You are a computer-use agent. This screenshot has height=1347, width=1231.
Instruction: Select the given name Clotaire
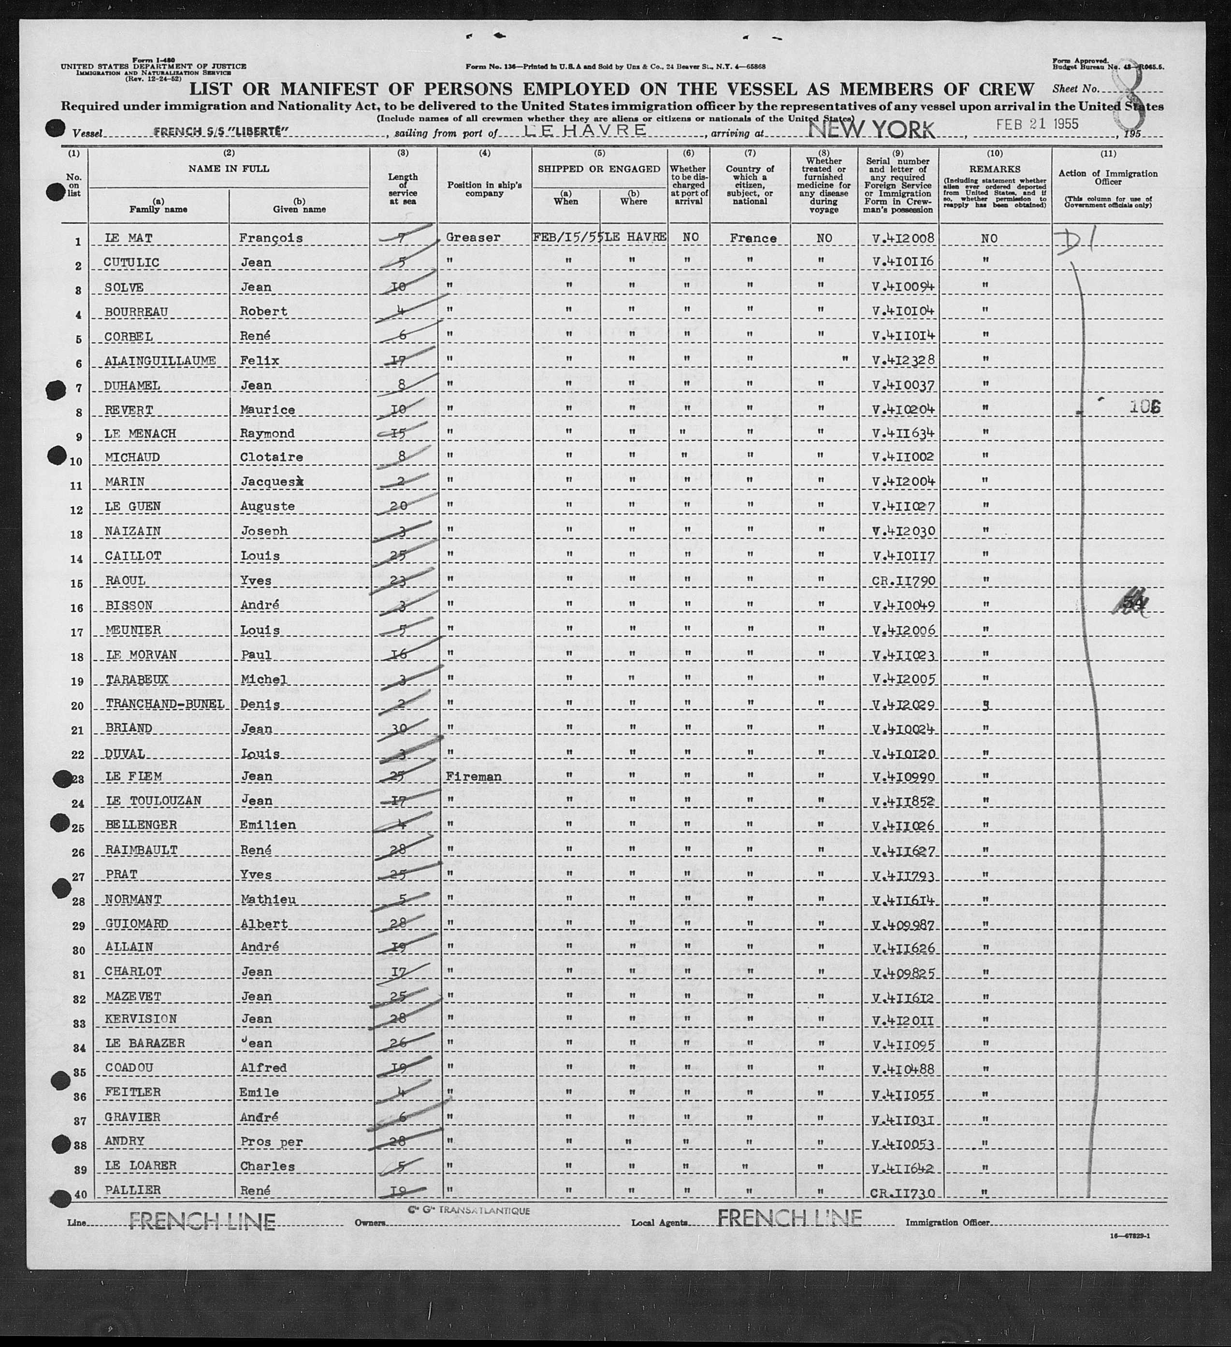pos(271,457)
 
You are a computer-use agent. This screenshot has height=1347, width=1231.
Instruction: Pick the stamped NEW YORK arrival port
pos(871,129)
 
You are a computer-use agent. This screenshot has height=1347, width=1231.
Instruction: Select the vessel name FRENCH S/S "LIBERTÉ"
pos(220,132)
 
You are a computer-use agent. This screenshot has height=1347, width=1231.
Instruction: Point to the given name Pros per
pos(271,1141)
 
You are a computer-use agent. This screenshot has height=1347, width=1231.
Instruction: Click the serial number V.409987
pos(902,924)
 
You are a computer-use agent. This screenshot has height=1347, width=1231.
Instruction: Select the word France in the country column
pos(753,238)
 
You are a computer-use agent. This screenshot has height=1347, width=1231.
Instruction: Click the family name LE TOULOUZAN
pos(153,801)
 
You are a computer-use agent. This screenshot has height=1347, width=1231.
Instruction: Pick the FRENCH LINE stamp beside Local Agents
pos(789,1218)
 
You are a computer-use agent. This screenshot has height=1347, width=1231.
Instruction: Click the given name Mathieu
pos(267,899)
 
